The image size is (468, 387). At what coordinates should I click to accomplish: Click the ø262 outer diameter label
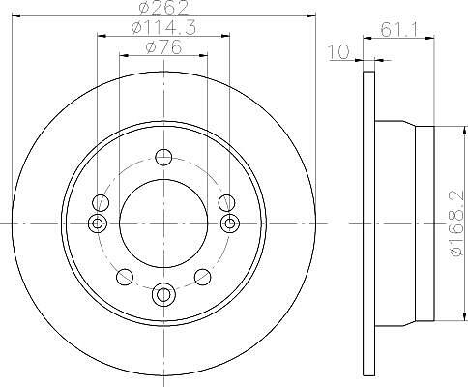pyautogui.click(x=163, y=7)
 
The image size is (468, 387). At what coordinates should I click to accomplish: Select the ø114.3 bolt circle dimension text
pyautogui.click(x=163, y=28)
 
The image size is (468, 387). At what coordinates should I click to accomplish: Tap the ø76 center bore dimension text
pyautogui.click(x=163, y=47)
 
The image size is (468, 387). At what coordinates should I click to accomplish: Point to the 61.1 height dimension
pyautogui.click(x=399, y=30)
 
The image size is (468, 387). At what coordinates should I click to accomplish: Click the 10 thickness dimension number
pyautogui.click(x=338, y=52)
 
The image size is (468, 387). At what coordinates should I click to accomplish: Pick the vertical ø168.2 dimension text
pyautogui.click(x=457, y=223)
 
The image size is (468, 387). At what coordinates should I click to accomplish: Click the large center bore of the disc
pyautogui.click(x=163, y=223)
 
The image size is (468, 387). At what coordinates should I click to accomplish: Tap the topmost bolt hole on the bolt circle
pyautogui.click(x=163, y=158)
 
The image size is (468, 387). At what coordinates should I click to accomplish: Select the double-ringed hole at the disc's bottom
pyautogui.click(x=163, y=294)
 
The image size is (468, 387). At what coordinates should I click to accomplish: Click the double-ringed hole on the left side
pyautogui.click(x=98, y=223)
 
